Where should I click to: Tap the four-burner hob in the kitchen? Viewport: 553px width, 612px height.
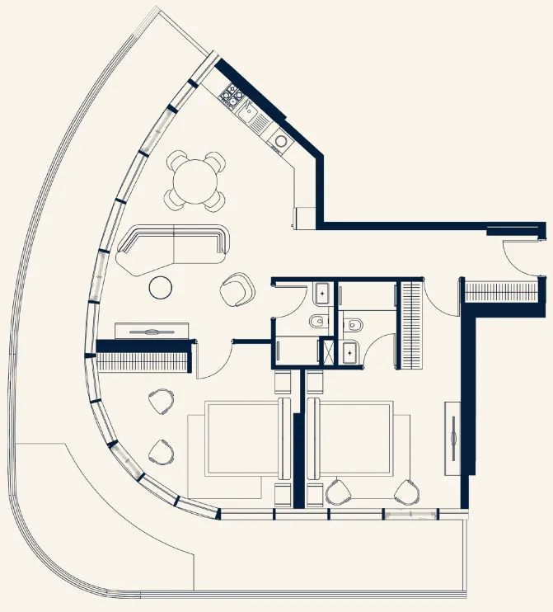(231, 98)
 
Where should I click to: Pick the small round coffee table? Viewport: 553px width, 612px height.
(161, 287)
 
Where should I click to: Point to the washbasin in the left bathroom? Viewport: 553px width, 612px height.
(321, 292)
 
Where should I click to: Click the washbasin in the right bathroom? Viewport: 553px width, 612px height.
(352, 351)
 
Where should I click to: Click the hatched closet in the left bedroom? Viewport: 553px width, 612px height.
(145, 360)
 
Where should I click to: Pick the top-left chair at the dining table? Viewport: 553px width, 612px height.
(179, 160)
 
